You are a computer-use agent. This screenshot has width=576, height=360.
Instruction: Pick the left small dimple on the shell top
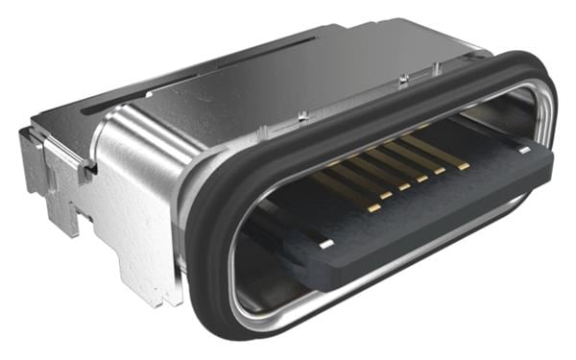[303, 115]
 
